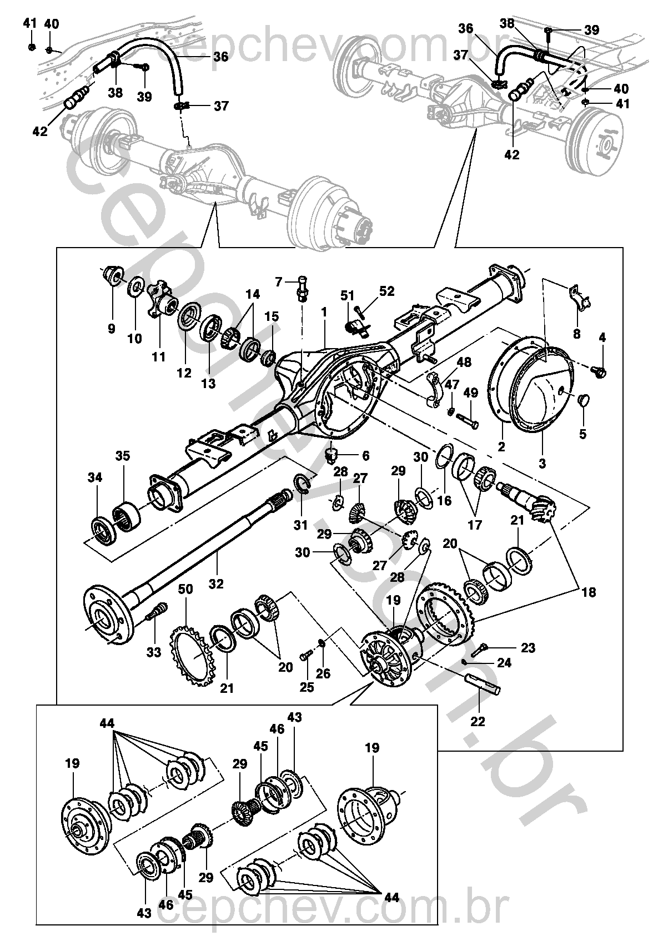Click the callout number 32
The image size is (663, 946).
(x=216, y=583)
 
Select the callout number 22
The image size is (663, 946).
(x=478, y=721)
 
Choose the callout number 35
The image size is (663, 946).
(x=123, y=456)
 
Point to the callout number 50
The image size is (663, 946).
(x=185, y=589)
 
